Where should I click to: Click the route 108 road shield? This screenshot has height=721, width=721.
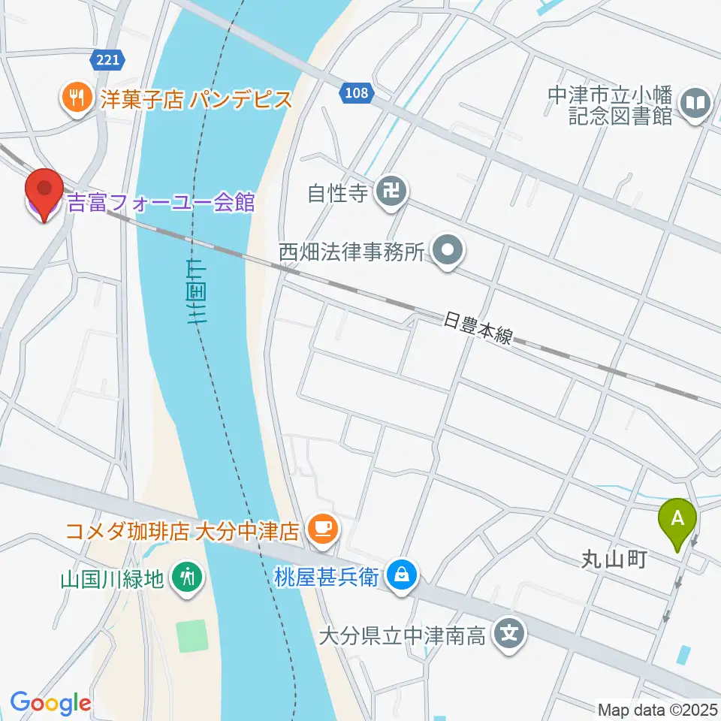click(357, 93)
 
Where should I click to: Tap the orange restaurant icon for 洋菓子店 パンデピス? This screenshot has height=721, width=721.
click(76, 98)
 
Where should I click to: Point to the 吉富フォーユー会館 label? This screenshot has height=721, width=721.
click(161, 202)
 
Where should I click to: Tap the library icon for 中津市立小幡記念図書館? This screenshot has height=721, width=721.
click(696, 104)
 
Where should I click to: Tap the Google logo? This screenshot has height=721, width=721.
click(50, 703)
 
